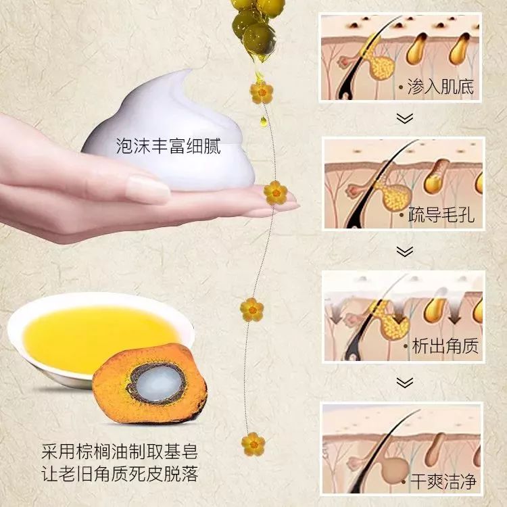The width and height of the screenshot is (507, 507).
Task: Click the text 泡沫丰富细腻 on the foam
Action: coord(168,145)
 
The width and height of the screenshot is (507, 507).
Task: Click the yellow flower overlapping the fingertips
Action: coord(275,193)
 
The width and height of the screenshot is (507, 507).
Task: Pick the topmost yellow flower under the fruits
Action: coord(261,92)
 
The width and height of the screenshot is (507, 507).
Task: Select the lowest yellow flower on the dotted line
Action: coord(253,444)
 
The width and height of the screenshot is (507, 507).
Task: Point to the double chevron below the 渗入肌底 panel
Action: coord(404,118)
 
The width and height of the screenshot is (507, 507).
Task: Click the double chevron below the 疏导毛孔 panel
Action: coord(404,251)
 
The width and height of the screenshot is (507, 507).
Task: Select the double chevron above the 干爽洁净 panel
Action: coord(404,383)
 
